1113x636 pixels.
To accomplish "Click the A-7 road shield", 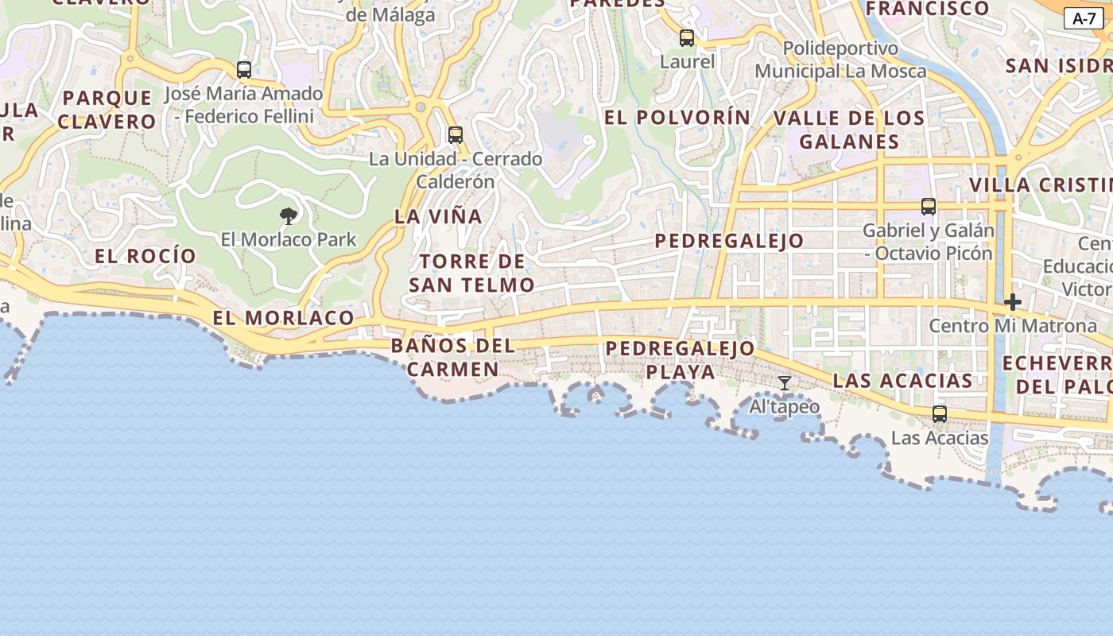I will pyautogui.click(x=1084, y=19).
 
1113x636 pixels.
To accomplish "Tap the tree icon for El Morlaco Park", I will pyautogui.click(x=289, y=215).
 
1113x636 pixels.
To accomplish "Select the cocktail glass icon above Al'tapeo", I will pyautogui.click(x=785, y=383).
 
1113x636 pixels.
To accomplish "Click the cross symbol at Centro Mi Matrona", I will pyautogui.click(x=1012, y=302).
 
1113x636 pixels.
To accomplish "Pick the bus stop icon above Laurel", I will pyautogui.click(x=687, y=37).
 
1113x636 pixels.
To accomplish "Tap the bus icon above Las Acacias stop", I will pyautogui.click(x=940, y=413).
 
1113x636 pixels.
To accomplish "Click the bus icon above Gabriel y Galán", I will pyautogui.click(x=928, y=207).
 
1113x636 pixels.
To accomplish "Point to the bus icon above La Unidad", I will pyautogui.click(x=456, y=134).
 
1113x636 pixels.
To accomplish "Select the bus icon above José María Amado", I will pyautogui.click(x=244, y=69).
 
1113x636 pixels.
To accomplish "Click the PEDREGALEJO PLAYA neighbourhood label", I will pyautogui.click(x=680, y=360).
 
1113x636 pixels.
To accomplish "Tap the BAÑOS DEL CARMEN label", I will pyautogui.click(x=453, y=358).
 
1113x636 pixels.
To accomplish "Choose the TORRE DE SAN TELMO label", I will pyautogui.click(x=471, y=273).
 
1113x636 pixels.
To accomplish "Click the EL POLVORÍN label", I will pyautogui.click(x=677, y=118).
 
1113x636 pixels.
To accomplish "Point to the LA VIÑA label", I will pyautogui.click(x=438, y=216).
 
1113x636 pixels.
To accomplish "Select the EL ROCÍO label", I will pyautogui.click(x=145, y=256).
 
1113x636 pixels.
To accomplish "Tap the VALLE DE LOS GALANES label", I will pyautogui.click(x=849, y=130).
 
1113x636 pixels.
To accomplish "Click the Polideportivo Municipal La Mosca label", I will pyautogui.click(x=840, y=60).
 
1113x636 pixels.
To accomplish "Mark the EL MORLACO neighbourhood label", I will pyautogui.click(x=283, y=318).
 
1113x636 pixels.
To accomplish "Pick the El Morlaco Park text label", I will pyautogui.click(x=289, y=239).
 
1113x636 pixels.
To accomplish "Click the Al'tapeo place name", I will pyautogui.click(x=785, y=407).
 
